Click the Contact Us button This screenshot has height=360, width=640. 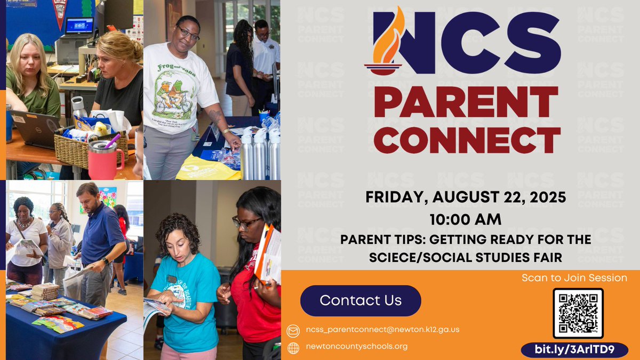pyautogui.click(x=361, y=300)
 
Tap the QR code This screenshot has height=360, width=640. pyautogui.click(x=578, y=314)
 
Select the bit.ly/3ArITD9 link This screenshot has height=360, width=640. pyautogui.click(x=567, y=350)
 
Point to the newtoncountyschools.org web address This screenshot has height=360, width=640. pyautogui.click(x=357, y=347)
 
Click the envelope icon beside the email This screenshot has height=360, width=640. pyautogui.click(x=293, y=330)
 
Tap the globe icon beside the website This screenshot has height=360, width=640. pyautogui.click(x=293, y=348)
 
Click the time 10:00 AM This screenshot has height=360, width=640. pyautogui.click(x=465, y=219)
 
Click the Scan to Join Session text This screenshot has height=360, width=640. pyautogui.click(x=574, y=278)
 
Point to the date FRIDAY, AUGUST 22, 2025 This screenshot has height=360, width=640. pyautogui.click(x=465, y=198)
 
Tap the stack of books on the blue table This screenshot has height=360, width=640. pyautogui.click(x=45, y=291)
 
